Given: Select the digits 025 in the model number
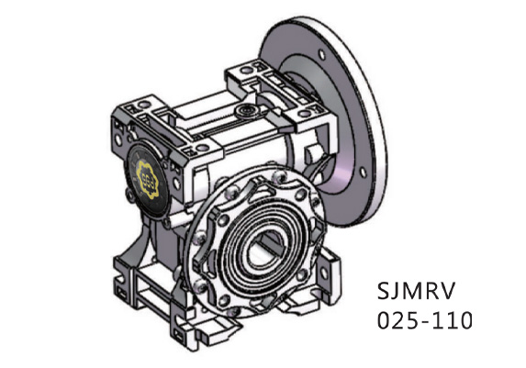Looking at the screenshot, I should click(396, 321).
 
